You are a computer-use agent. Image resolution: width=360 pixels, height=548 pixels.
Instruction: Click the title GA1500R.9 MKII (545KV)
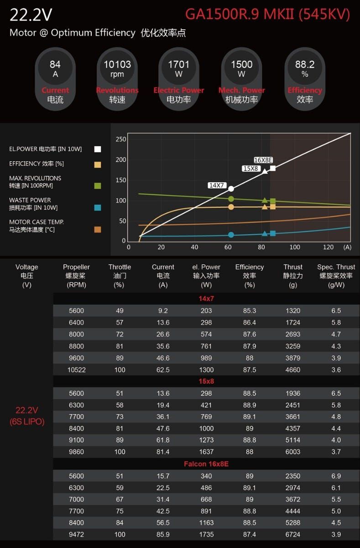[267, 15]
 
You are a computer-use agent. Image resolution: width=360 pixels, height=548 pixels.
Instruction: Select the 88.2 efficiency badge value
[304, 65]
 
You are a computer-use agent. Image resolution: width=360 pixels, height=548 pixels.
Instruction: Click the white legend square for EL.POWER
[98, 149]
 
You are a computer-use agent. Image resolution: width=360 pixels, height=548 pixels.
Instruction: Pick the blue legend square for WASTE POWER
[98, 207]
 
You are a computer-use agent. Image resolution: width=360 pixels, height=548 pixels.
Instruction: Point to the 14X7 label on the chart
[217, 185]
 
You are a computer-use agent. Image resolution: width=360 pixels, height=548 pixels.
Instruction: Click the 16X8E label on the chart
[263, 160]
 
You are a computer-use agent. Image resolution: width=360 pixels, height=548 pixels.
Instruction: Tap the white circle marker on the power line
[231, 189]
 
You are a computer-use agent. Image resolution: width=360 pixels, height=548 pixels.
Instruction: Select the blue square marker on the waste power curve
[273, 233]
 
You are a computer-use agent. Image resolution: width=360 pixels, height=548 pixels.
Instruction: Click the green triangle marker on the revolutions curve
[265, 200]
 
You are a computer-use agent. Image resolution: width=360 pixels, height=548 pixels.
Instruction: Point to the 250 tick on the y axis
[120, 139]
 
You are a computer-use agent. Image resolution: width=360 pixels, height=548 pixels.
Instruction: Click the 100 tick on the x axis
[295, 247]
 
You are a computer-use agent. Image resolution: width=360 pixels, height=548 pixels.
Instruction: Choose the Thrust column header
[293, 267]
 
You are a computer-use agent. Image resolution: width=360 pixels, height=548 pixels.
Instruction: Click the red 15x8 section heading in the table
[206, 381]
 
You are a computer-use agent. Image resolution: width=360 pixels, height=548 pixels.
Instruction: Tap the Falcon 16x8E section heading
[206, 464]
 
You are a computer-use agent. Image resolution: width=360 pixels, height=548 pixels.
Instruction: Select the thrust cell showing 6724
[293, 535]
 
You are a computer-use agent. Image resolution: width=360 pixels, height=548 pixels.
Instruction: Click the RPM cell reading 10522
[76, 370]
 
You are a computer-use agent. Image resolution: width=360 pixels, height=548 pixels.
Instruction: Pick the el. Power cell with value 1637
[206, 452]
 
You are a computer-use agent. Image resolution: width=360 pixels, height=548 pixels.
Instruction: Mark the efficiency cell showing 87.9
[250, 346]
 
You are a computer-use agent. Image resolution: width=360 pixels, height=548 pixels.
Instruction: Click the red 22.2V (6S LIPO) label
[27, 416]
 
